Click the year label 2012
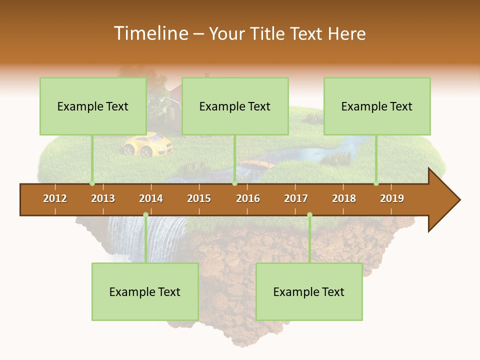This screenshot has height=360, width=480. click(x=55, y=198)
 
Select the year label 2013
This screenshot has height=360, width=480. click(x=103, y=198)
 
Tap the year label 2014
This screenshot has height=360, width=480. click(x=151, y=198)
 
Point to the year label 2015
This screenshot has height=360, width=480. click(x=199, y=198)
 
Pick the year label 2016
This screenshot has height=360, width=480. click(x=248, y=198)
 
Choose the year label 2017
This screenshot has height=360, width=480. click(x=296, y=198)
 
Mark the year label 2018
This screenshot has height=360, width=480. click(x=344, y=198)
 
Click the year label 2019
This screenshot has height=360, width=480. click(x=392, y=198)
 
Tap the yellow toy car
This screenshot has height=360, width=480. click(x=147, y=144)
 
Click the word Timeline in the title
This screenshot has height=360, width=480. click(x=150, y=33)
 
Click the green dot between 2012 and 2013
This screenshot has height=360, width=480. click(x=92, y=183)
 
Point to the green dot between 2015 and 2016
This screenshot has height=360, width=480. click(x=234, y=183)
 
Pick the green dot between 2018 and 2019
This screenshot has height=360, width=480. click(x=376, y=183)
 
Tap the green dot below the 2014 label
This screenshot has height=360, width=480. click(x=145, y=215)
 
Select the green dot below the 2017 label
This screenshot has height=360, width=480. click(x=309, y=215)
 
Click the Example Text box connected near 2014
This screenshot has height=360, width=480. click(x=145, y=291)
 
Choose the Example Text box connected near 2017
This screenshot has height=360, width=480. click(x=309, y=291)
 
